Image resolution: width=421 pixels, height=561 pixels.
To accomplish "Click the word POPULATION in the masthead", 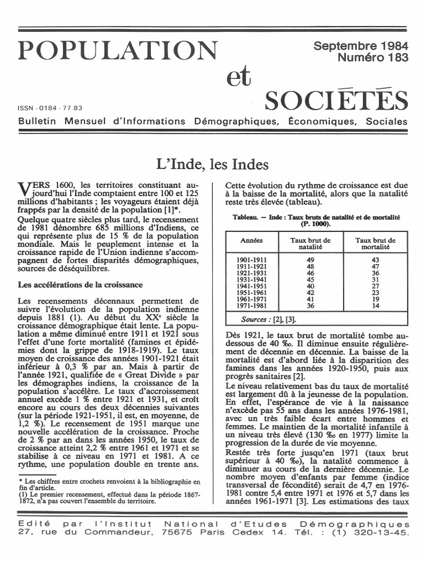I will click(x=118, y=51).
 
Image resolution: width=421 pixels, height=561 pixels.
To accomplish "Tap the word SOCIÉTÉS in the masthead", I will click(x=336, y=101).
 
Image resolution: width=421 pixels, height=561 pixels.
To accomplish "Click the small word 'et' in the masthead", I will click(x=238, y=77).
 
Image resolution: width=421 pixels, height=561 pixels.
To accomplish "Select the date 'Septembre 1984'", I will click(x=360, y=47).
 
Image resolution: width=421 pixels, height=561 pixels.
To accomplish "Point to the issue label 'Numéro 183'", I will click(x=373, y=58).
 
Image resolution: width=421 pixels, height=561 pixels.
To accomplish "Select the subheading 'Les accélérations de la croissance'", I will click(x=80, y=285).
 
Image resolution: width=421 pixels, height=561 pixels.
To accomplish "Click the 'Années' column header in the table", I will click(x=252, y=241).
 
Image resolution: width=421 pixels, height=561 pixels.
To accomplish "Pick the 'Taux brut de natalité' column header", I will click(x=311, y=244).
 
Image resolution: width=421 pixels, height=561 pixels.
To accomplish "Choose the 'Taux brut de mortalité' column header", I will click(x=376, y=244).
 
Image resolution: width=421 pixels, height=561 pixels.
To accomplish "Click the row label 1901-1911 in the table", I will click(x=252, y=259).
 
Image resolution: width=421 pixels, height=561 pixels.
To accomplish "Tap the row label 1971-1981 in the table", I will click(x=252, y=305).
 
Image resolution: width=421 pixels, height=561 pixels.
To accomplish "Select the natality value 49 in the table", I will click(x=311, y=259).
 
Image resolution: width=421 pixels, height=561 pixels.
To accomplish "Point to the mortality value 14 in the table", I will click(x=376, y=305).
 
